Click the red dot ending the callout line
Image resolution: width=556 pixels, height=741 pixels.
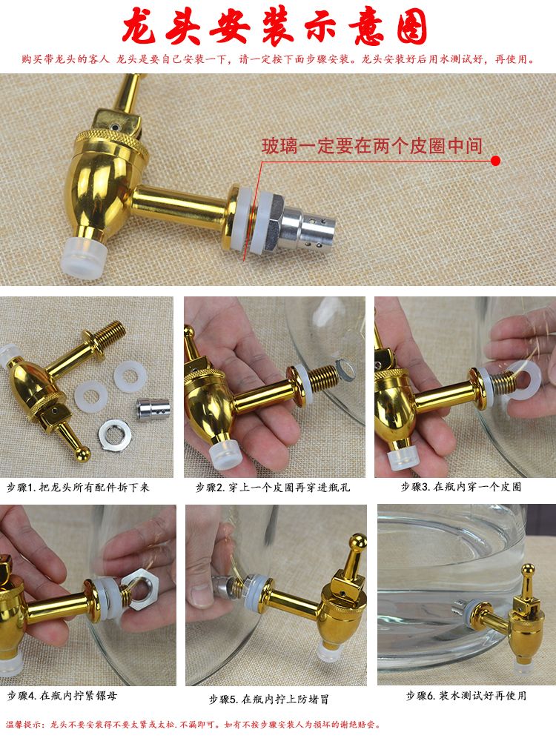pyautogui.click(x=495, y=161)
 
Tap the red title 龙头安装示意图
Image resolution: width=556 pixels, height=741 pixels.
pyautogui.click(x=275, y=27)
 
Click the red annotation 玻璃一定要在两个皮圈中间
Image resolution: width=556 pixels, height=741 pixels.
pyautogui.click(x=372, y=145)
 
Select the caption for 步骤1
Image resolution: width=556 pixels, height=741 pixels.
pyautogui.click(x=78, y=488)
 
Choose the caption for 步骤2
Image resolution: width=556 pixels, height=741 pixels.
pyautogui.click(x=273, y=488)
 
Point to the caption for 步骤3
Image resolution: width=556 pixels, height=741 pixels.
pyautogui.click(x=461, y=487)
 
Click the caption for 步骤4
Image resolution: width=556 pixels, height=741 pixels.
pyautogui.click(x=62, y=696)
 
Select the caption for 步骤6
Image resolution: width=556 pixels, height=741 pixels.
pyautogui.click(x=466, y=696)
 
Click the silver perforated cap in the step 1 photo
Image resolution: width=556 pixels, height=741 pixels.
pyautogui.click(x=153, y=408)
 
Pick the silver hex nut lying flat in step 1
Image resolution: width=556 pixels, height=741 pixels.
pyautogui.click(x=115, y=433)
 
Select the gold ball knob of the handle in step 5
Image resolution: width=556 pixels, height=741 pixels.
pyautogui.click(x=358, y=542)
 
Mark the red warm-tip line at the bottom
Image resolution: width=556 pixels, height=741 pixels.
pyautogui.click(x=193, y=725)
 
